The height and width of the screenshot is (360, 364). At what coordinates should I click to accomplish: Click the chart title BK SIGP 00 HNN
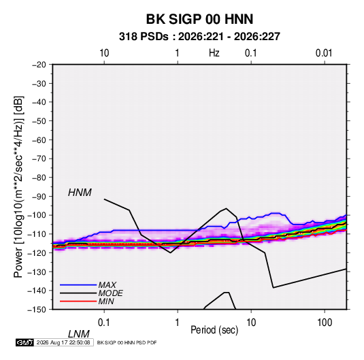(x=199, y=19)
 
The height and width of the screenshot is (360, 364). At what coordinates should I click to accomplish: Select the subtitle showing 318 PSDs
(x=199, y=37)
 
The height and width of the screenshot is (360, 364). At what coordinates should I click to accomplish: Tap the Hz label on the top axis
(x=214, y=53)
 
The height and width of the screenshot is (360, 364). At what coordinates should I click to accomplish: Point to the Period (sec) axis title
(x=214, y=330)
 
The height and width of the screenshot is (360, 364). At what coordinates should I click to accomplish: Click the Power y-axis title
(x=18, y=187)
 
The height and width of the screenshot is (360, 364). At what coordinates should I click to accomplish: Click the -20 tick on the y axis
(x=39, y=65)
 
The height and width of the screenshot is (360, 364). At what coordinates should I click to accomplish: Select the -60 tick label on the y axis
(x=39, y=140)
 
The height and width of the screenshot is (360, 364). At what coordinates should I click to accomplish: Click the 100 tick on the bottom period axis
(x=325, y=323)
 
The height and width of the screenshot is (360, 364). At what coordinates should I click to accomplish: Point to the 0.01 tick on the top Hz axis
(x=324, y=53)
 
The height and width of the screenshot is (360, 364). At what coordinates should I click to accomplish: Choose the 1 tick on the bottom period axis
(x=178, y=323)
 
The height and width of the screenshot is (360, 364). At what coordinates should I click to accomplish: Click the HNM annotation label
(x=80, y=193)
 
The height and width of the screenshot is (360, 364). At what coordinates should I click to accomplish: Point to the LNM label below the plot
(x=78, y=334)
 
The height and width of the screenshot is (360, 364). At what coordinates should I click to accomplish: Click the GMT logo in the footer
(x=24, y=342)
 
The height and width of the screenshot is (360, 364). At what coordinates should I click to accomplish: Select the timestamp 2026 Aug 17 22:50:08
(x=63, y=342)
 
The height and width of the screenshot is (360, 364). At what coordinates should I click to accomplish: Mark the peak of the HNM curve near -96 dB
(x=226, y=208)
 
